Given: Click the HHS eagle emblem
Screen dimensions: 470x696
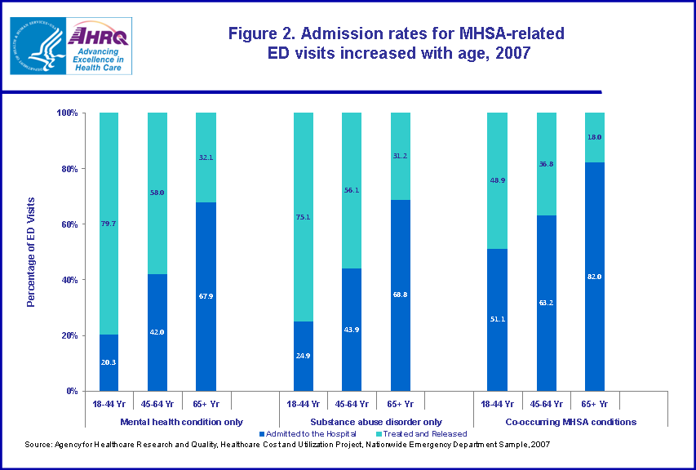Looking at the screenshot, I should click(37, 46).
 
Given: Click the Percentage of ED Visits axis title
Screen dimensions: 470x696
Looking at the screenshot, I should click(32, 252).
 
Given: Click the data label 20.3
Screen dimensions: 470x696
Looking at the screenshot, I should click(109, 361).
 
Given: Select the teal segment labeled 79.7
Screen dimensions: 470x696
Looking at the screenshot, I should click(109, 223).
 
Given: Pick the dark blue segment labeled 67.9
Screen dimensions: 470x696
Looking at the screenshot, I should click(206, 296).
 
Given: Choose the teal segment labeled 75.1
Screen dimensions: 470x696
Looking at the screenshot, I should click(303, 217).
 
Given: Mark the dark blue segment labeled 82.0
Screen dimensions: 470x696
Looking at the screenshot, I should click(595, 277).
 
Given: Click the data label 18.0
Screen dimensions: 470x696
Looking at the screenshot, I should click(595, 137).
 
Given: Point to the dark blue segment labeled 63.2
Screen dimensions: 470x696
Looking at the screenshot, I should click(546, 303).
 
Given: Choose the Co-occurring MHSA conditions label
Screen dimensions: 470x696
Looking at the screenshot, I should click(571, 422).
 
